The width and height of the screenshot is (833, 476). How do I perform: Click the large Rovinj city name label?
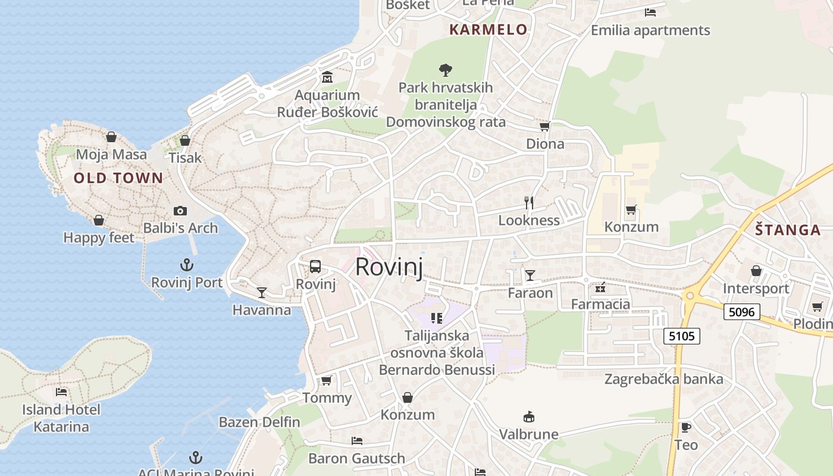pyautogui.click(x=389, y=267)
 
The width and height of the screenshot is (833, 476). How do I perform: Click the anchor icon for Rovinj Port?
pyautogui.click(x=187, y=264)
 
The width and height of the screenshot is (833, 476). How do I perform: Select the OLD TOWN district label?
pyautogui.click(x=118, y=178)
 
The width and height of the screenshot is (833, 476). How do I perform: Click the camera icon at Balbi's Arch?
pyautogui.click(x=180, y=211)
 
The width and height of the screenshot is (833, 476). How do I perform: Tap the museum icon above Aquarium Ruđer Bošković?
pyautogui.click(x=327, y=77)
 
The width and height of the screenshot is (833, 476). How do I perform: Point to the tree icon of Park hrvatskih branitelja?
pyautogui.click(x=445, y=70)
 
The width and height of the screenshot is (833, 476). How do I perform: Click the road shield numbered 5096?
pyautogui.click(x=742, y=311)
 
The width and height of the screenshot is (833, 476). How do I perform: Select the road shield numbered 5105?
pyautogui.click(x=681, y=336)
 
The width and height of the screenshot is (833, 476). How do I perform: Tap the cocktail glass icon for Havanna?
pyautogui.click(x=261, y=292)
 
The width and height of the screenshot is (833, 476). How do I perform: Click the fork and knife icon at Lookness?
pyautogui.click(x=528, y=202)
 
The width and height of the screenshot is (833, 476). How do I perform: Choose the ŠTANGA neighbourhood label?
pyautogui.click(x=788, y=230)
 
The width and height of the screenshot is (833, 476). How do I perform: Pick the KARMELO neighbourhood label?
pyautogui.click(x=488, y=30)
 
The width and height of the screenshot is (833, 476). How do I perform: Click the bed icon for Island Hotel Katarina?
pyautogui.click(x=61, y=392)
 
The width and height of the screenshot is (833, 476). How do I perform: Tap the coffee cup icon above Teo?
pyautogui.click(x=685, y=427)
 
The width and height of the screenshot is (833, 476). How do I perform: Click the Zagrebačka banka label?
pyautogui.click(x=664, y=379)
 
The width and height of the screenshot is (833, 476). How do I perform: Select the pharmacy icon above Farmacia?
pyautogui.click(x=600, y=287)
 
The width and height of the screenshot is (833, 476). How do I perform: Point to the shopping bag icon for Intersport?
pyautogui.click(x=756, y=271)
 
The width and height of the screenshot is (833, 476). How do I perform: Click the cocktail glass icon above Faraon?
pyautogui.click(x=530, y=275)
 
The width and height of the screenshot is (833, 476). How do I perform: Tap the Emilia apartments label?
pyautogui.click(x=650, y=30)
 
